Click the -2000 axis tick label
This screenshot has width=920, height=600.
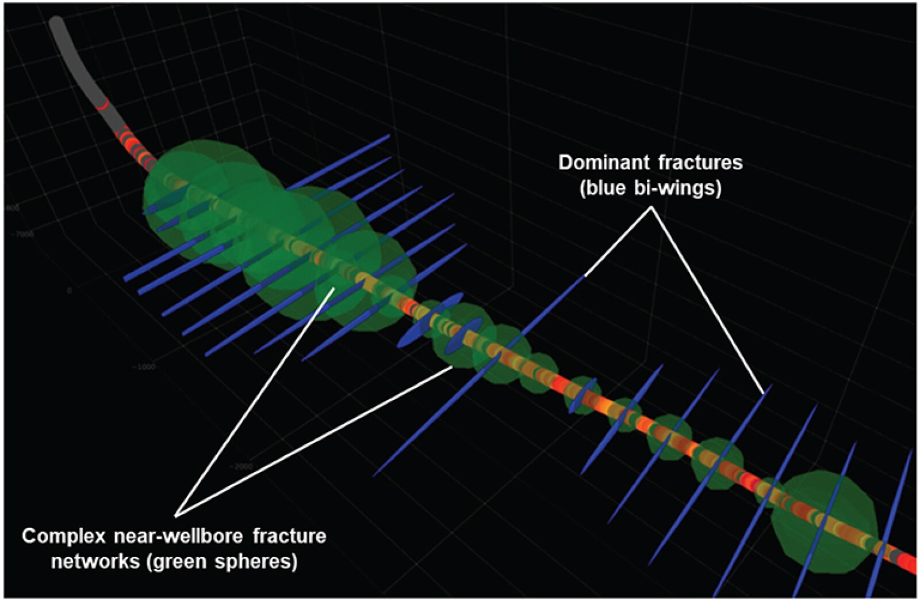click(x=241, y=466)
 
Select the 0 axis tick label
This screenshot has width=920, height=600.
click(x=69, y=291)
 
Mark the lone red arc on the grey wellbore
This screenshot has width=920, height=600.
click(x=102, y=105)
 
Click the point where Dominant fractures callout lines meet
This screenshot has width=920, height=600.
click(x=651, y=207)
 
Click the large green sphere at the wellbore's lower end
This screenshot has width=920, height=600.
click(x=823, y=520)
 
